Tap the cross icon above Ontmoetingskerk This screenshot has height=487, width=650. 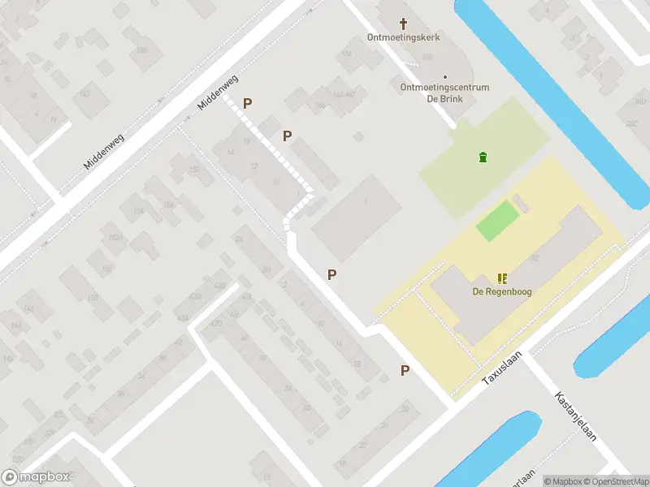coord(404,23)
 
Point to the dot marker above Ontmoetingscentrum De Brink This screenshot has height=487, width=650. coord(444,77)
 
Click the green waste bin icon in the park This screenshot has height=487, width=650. coord(483,157)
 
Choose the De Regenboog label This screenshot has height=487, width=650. coord(502,291)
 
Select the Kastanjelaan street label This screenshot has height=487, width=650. coord(575,416)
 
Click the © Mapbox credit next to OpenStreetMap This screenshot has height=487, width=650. coord(562,481)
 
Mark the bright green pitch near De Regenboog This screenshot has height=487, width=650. coord(496,221)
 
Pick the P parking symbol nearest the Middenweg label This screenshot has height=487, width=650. coord(248,104)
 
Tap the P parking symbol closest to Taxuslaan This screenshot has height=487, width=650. coord(405,370)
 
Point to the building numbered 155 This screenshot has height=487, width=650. coord(142,50)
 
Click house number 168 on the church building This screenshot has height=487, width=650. coord(427,56)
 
